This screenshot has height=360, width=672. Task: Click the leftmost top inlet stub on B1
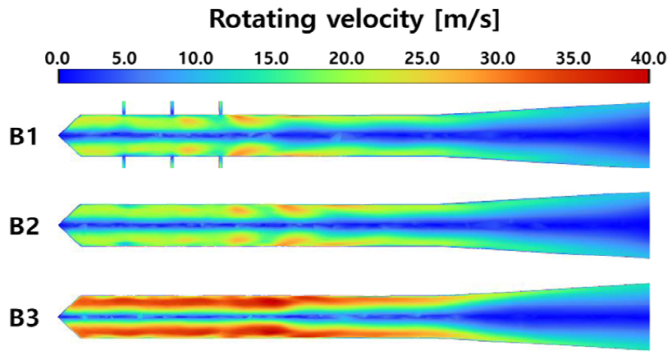(124, 107)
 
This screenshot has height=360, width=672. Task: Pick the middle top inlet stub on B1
(172, 107)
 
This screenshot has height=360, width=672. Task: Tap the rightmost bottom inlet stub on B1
(221, 162)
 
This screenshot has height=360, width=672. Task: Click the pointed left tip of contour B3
(60, 316)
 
